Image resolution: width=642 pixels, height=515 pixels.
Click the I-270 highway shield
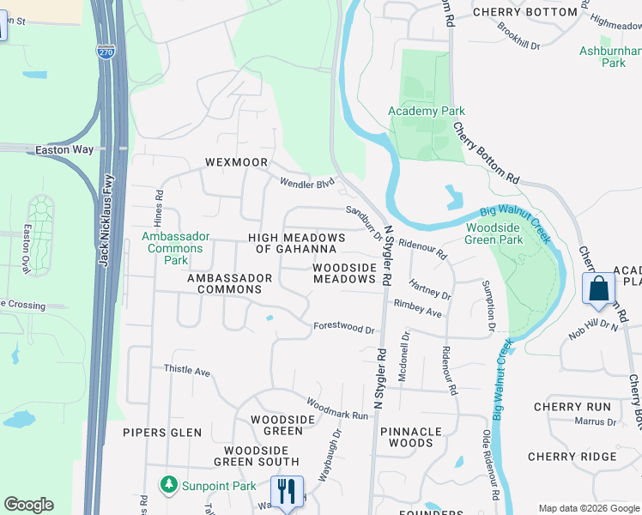pyautogui.click(x=106, y=51)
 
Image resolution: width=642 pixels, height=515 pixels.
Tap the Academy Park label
pyautogui.click(x=426, y=111)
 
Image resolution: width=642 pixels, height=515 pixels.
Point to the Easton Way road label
pyautogui.click(x=64, y=149)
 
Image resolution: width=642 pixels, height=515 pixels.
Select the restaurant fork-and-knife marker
pyautogui.click(x=287, y=491)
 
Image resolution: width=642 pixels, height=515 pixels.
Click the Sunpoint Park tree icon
pyautogui.click(x=169, y=486)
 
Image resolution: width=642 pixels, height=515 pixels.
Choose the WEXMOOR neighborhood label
pyautogui.click(x=236, y=162)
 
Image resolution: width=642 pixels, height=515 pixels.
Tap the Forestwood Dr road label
pyautogui.click(x=344, y=328)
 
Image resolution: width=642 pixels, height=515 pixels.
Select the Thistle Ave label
pyautogui.click(x=187, y=371)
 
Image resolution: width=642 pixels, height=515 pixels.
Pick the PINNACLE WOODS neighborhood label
pyautogui.click(x=411, y=437)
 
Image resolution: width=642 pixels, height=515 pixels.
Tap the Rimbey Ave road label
pyautogui.click(x=417, y=308)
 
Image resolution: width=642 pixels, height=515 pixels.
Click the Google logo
pyautogui.click(x=28, y=505)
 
